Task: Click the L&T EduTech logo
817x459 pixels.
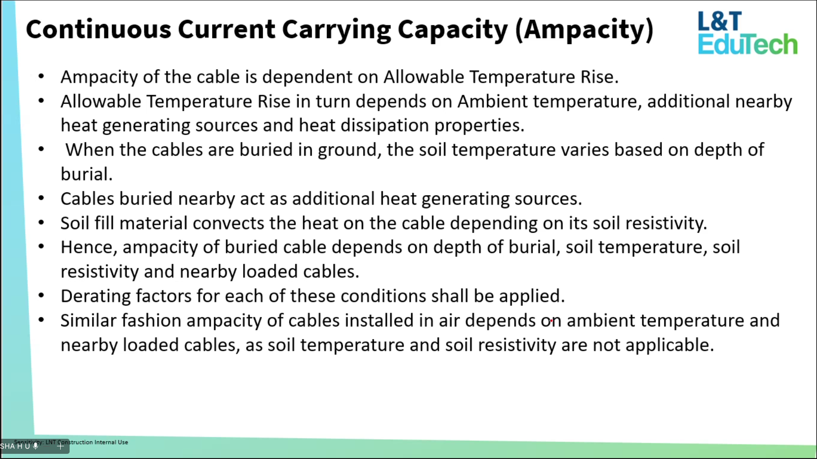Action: click(x=747, y=33)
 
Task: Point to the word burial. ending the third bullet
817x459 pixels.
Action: click(x=87, y=174)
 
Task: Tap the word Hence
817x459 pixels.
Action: click(x=89, y=247)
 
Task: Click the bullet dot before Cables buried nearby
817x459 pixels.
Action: click(x=41, y=198)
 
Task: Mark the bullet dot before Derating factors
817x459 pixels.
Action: click(x=41, y=296)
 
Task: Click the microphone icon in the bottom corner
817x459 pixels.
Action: click(x=35, y=446)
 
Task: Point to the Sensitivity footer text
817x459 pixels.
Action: click(x=71, y=442)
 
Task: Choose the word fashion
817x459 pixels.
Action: click(x=151, y=320)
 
